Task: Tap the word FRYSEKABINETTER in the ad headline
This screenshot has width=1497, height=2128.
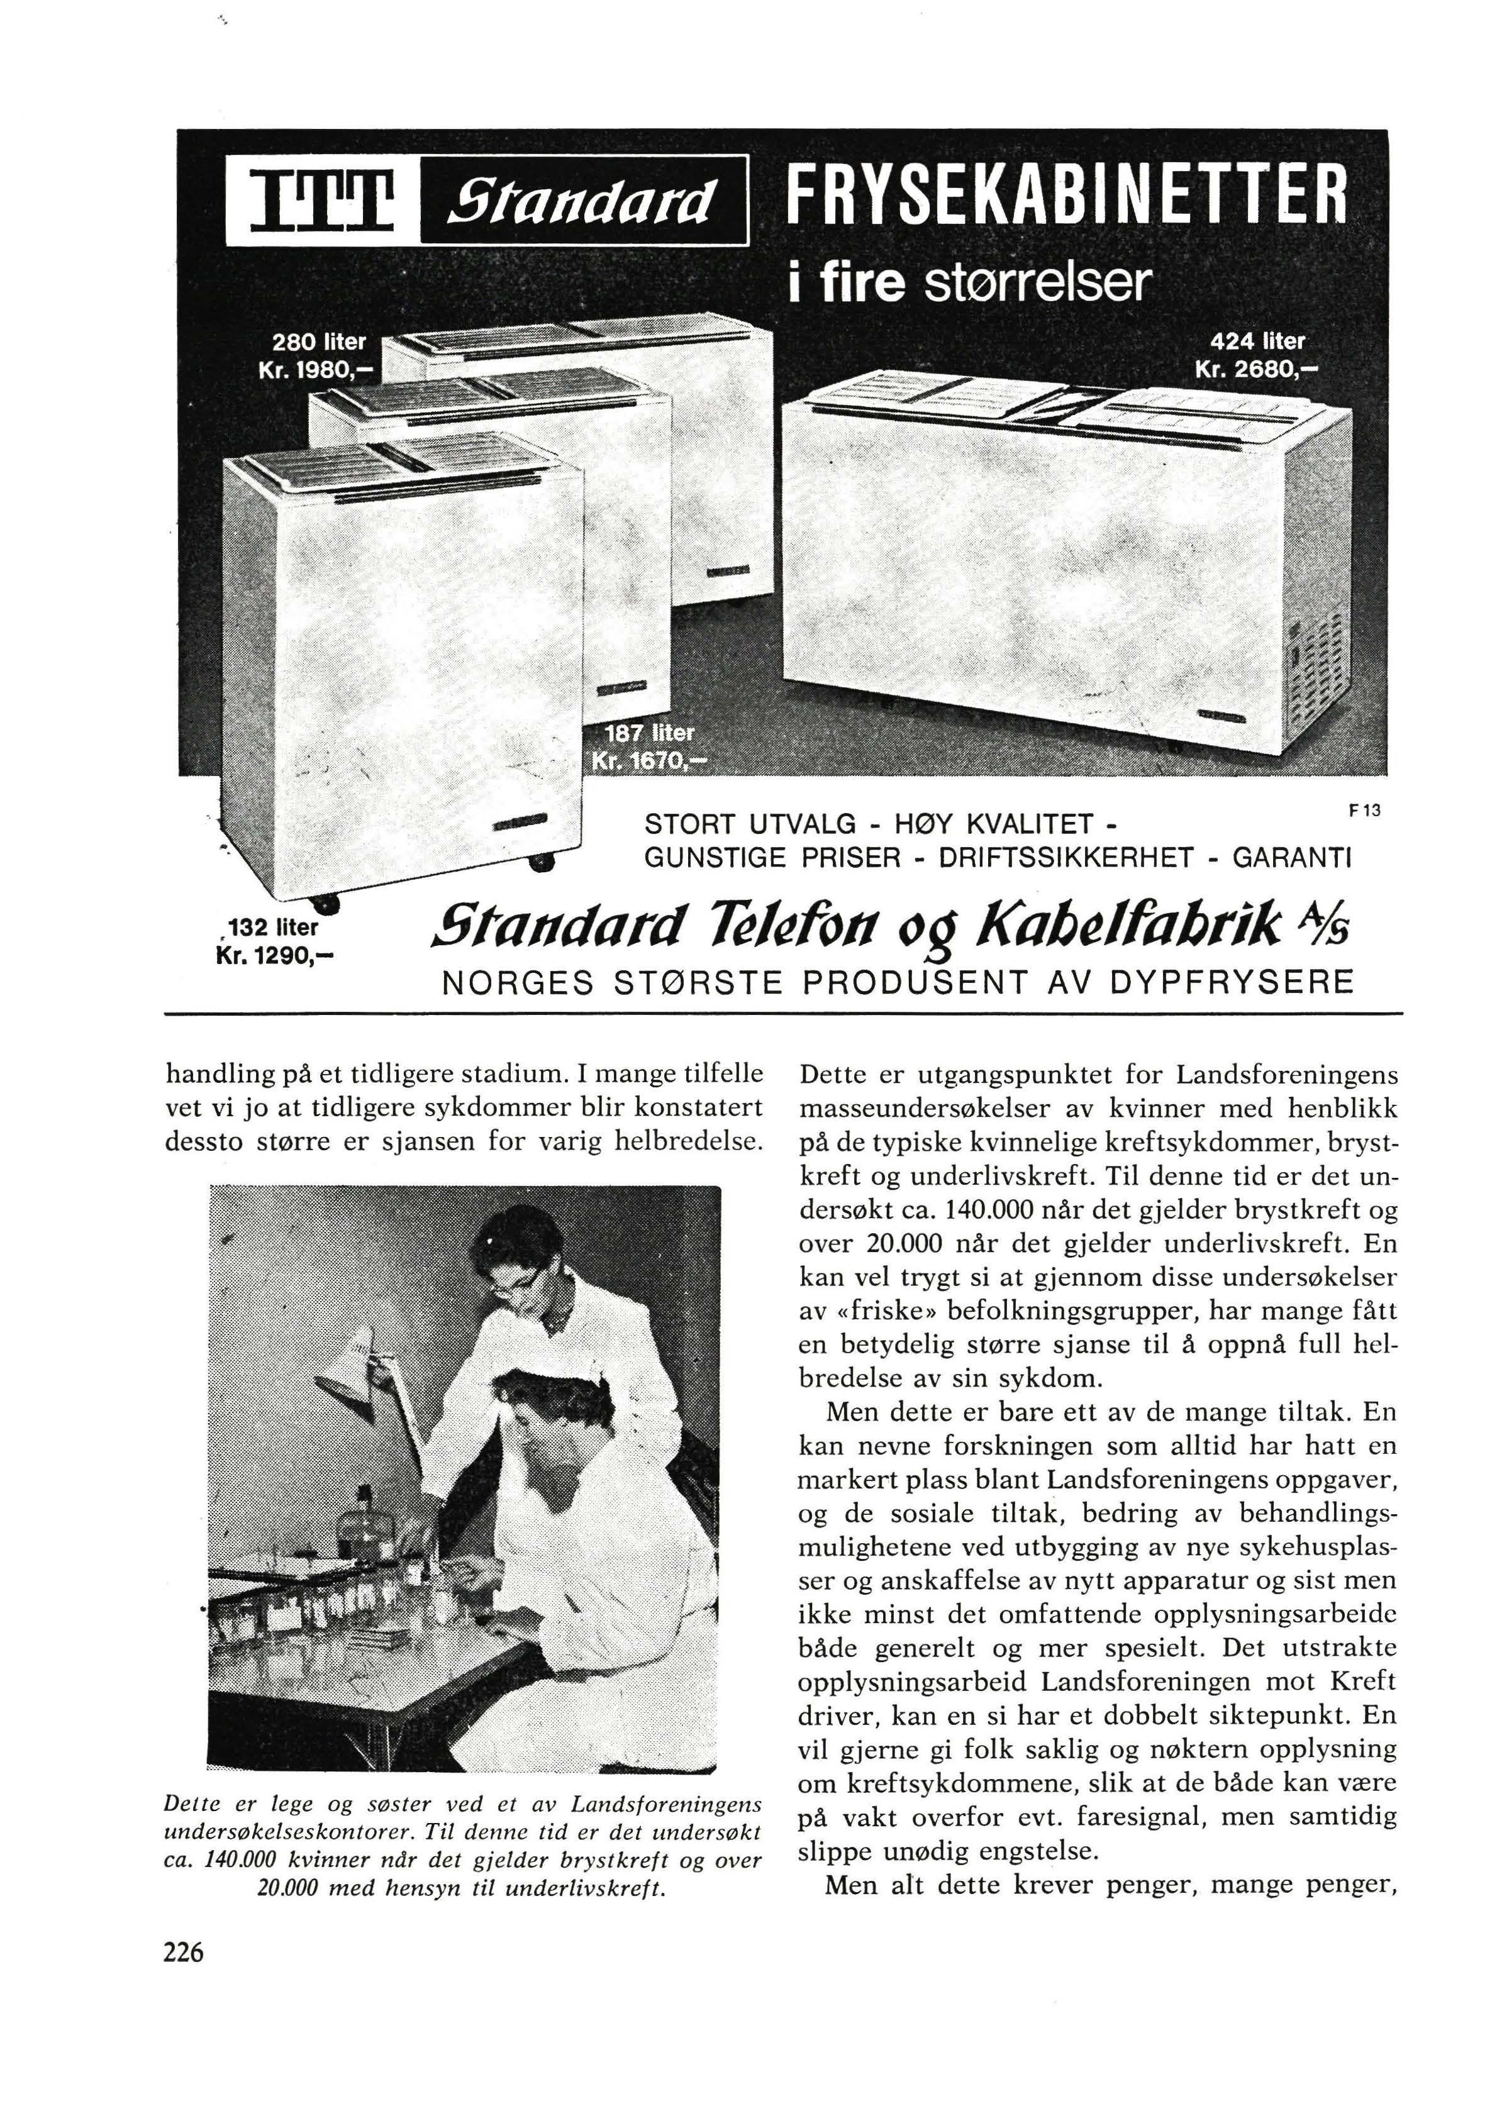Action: click(1064, 196)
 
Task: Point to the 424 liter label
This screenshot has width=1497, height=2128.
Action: click(1262, 340)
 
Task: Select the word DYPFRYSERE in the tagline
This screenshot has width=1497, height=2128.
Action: click(1231, 982)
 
